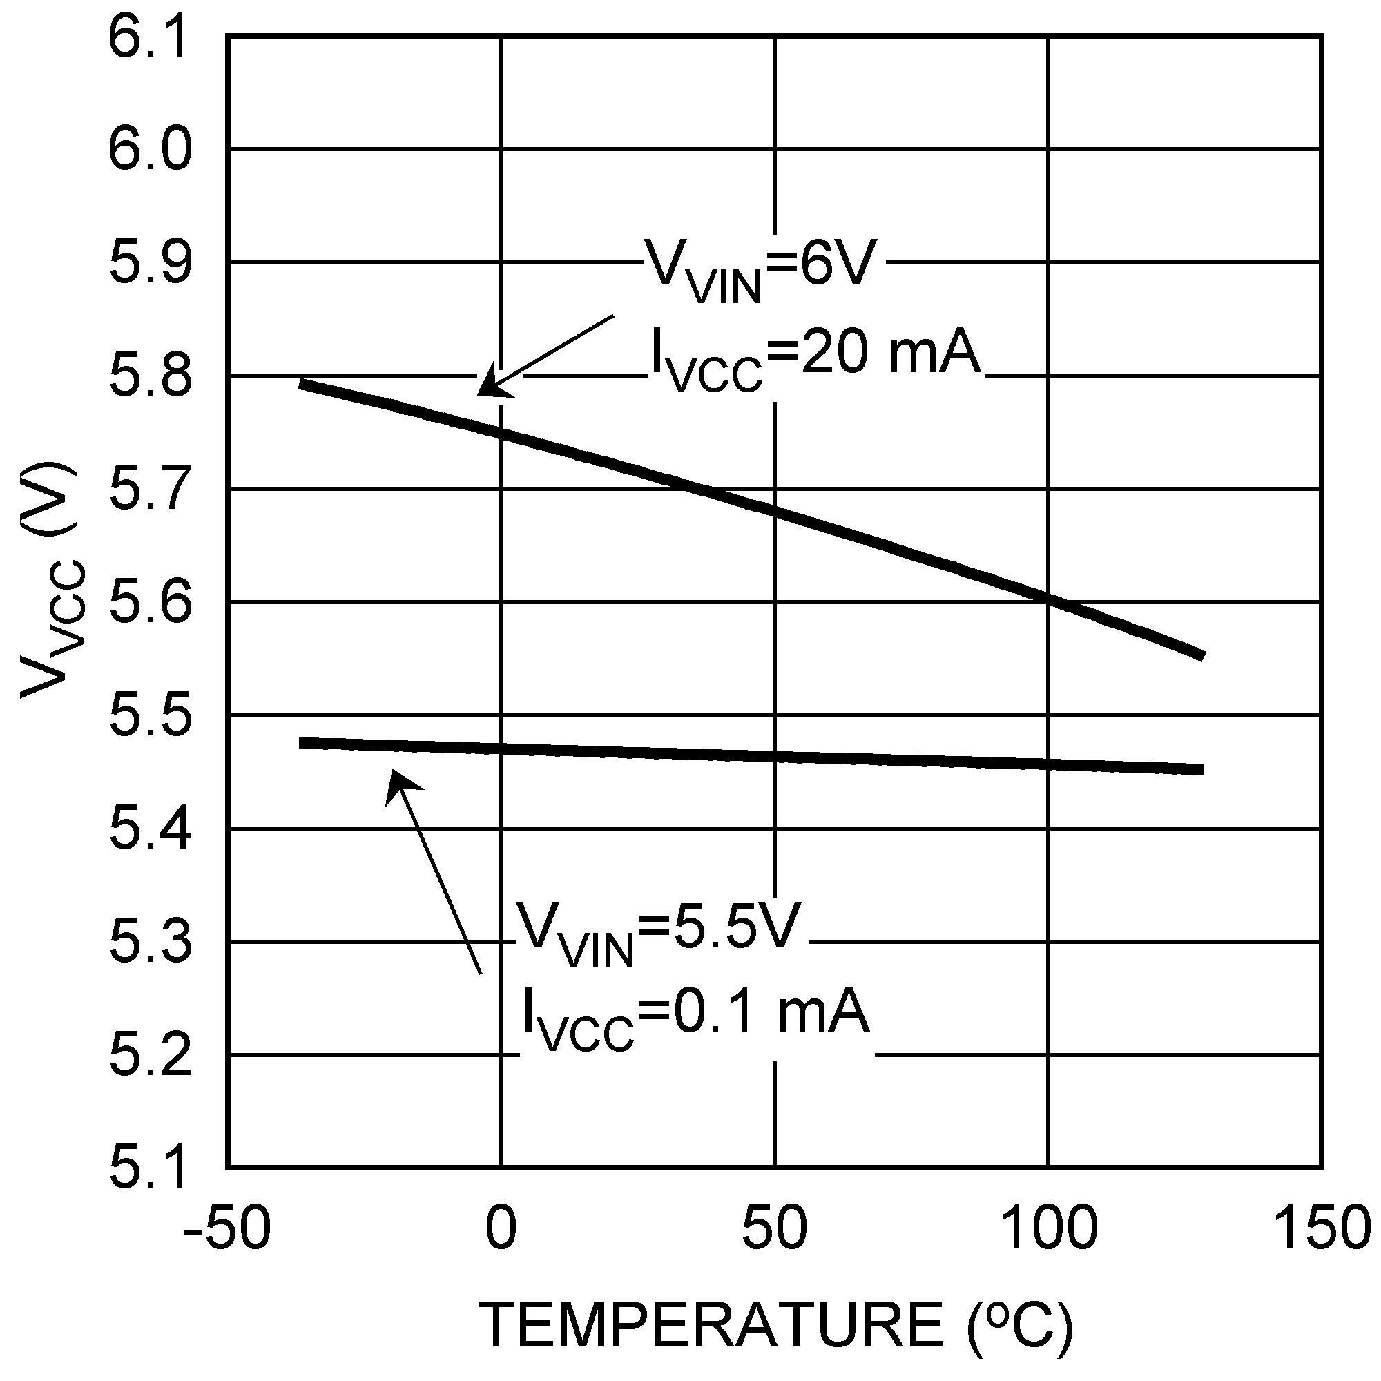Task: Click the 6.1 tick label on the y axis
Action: click(150, 37)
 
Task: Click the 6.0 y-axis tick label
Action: click(150, 150)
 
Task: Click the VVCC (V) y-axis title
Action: click(52, 579)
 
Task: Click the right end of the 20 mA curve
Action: click(1203, 655)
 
